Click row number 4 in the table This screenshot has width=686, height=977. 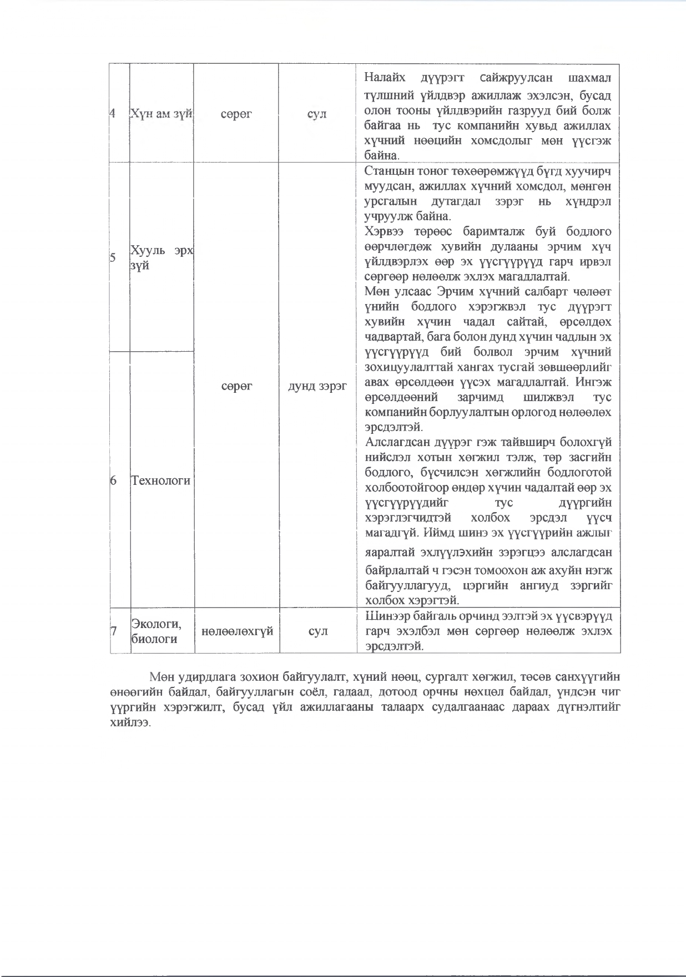(x=113, y=114)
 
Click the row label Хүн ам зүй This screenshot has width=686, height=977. (x=161, y=114)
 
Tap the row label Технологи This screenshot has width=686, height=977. (x=160, y=480)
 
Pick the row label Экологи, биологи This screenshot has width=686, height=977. (x=156, y=631)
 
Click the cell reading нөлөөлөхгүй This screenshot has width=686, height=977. (x=237, y=631)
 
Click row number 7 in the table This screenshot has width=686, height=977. (x=114, y=631)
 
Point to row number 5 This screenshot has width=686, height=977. (x=113, y=258)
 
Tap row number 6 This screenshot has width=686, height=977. (x=113, y=480)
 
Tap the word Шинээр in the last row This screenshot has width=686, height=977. (x=384, y=616)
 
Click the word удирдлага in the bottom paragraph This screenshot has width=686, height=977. (x=207, y=677)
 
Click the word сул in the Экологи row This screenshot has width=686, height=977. (x=317, y=631)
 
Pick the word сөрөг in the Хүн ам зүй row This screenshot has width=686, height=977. (x=236, y=114)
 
